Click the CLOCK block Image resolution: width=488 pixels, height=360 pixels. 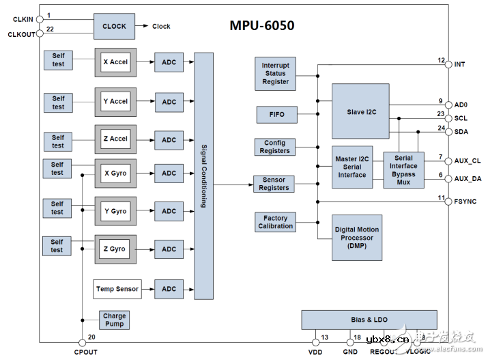point(114,26)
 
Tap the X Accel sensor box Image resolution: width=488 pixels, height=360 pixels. point(115,62)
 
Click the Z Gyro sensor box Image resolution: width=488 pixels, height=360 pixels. point(115,249)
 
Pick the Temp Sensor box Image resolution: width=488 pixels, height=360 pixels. point(117,289)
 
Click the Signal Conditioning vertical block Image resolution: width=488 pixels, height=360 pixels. point(203,176)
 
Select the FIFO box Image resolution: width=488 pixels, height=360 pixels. point(276,115)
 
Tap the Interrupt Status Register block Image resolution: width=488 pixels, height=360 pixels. point(275,74)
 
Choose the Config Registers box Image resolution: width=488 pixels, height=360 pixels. point(275,147)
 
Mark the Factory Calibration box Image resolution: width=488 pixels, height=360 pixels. point(275,222)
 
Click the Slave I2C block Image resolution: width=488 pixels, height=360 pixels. point(360,111)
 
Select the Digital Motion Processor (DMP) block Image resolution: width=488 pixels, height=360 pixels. point(357,238)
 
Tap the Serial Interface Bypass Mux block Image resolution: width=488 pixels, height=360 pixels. point(403,170)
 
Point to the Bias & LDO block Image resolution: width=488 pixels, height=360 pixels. point(369,320)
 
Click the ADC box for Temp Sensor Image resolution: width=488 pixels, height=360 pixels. point(169,289)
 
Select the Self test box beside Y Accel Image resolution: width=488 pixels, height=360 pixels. point(59,102)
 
